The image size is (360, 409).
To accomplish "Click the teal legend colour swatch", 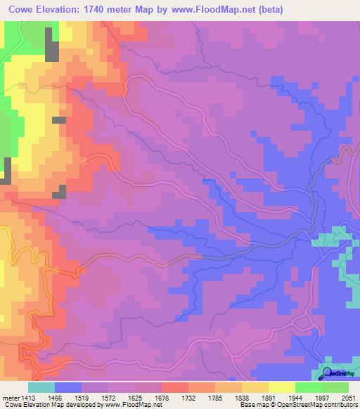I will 41,387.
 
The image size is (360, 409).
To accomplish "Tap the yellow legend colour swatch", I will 281,387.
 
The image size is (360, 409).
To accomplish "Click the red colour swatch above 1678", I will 174,387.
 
